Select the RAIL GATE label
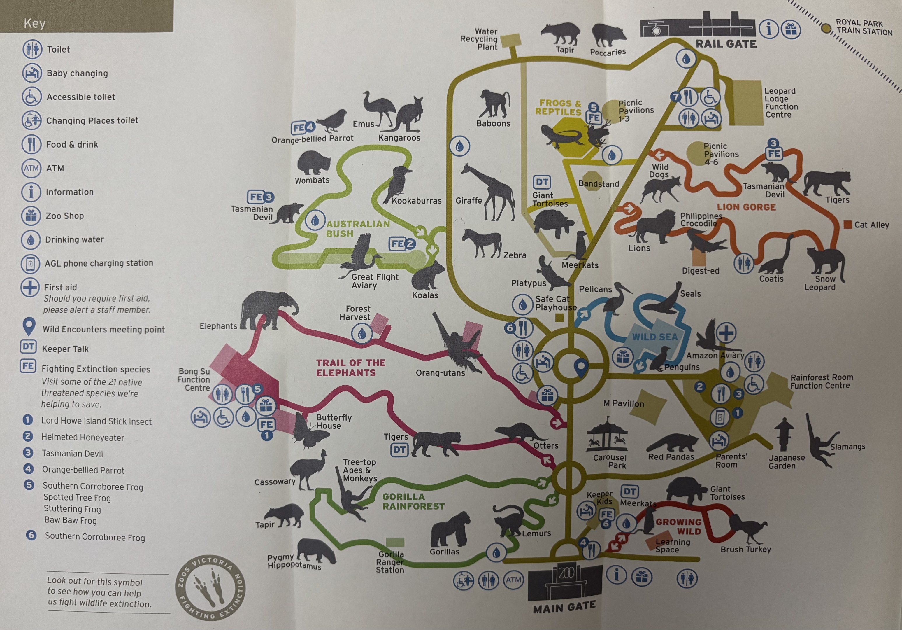[x=726, y=44]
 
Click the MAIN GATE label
[x=564, y=608]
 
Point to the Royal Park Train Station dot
[x=826, y=28]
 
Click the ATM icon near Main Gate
[x=513, y=580]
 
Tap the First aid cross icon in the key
[x=30, y=288]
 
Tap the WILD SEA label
[x=654, y=337]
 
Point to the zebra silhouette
[x=482, y=242]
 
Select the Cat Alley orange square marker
[x=847, y=224]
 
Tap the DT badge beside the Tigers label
[x=399, y=450]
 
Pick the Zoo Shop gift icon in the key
[x=31, y=216]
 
